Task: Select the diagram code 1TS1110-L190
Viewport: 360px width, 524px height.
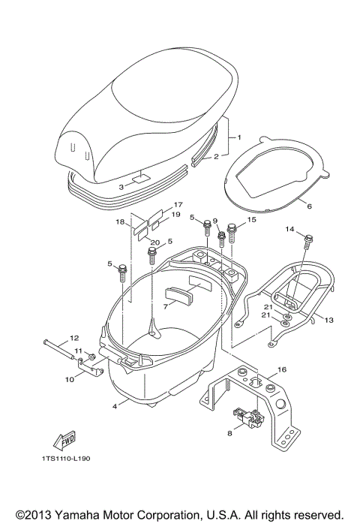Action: click(x=66, y=459)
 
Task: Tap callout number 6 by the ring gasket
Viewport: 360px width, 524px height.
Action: click(x=309, y=206)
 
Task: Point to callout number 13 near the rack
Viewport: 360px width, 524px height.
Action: click(x=328, y=320)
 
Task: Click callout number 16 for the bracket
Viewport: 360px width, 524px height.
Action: click(x=282, y=369)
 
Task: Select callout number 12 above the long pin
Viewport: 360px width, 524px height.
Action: click(x=74, y=338)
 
